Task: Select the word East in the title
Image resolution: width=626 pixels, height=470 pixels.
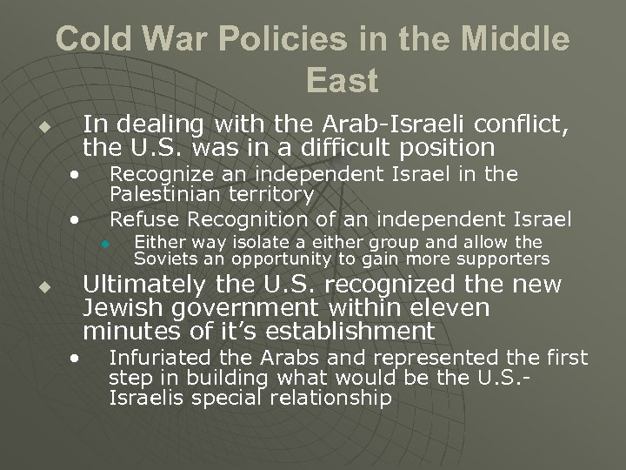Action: [343, 81]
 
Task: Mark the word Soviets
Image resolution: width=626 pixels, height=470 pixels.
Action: [162, 258]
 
